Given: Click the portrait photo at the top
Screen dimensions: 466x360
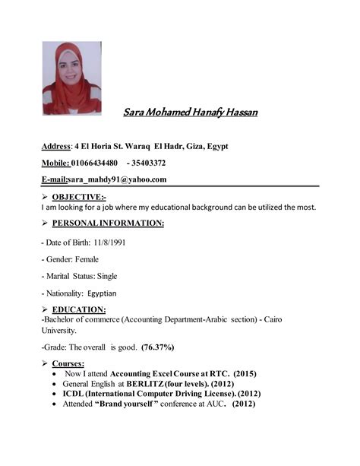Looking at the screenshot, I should (x=71, y=78).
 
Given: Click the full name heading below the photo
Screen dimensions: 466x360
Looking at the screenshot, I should (x=190, y=113).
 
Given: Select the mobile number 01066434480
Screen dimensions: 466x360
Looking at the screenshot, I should (x=93, y=163).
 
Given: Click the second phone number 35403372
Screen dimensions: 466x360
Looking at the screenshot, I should (x=149, y=163).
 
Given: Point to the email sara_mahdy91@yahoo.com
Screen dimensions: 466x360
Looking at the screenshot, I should (x=117, y=180).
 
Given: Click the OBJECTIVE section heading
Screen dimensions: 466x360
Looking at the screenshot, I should (x=78, y=197).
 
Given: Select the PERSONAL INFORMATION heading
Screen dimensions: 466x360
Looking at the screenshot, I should (x=107, y=223).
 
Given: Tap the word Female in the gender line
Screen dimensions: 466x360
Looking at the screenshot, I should (x=86, y=259).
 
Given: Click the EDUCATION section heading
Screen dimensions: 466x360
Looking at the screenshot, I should (x=78, y=310).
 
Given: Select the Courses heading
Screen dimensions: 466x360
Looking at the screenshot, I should (x=68, y=364).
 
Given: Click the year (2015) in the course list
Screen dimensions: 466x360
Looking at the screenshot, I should (x=246, y=374).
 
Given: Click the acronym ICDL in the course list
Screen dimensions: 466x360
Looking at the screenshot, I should (x=75, y=394).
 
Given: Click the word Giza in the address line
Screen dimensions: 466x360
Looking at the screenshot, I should (x=190, y=146).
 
